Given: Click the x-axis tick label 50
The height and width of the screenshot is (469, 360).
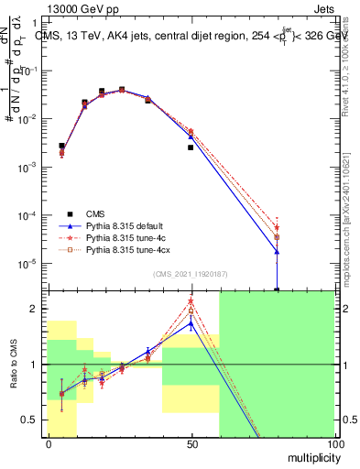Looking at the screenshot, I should click(191, 443).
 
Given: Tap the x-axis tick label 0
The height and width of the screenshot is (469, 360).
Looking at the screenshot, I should click(49, 443).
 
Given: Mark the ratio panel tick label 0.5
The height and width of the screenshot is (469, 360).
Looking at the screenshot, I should click(29, 420).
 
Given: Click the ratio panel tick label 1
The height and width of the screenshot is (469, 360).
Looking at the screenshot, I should click(33, 365).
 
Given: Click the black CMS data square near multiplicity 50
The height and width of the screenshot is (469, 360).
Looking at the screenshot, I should click(191, 147).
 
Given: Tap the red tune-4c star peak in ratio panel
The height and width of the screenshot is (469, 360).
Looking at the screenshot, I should click(191, 301).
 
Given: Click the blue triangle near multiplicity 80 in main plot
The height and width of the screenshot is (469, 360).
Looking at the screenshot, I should click(277, 252).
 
